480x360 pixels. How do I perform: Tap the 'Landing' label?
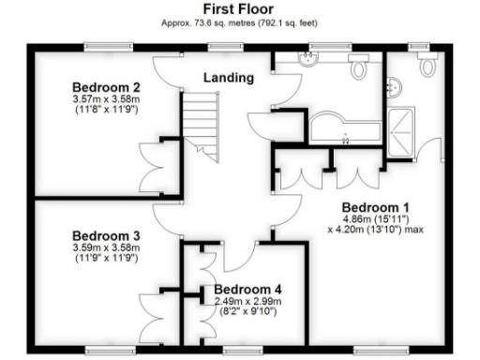click(x=229, y=78)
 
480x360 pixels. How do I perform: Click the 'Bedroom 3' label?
click(x=105, y=236)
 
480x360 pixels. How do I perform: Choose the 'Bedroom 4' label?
click(x=247, y=290)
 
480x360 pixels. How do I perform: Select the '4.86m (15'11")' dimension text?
click(x=373, y=217)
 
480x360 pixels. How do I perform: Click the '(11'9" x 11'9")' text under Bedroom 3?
click(x=105, y=258)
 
